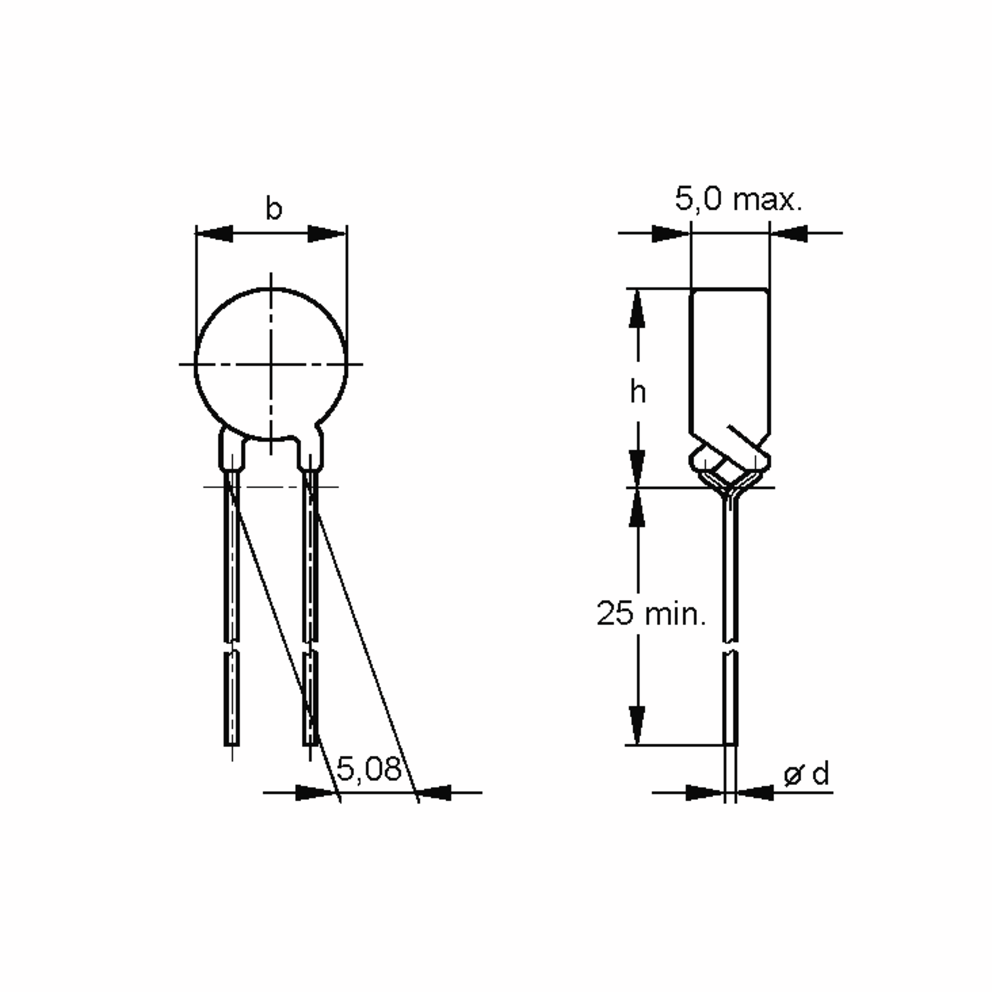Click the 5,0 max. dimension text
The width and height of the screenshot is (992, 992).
(x=738, y=199)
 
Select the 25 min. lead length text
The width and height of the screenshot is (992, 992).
(x=651, y=613)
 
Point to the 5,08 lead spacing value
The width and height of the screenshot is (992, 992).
(x=369, y=770)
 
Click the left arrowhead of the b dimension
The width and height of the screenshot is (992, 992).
(x=215, y=234)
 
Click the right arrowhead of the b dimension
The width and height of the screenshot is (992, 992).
(x=327, y=234)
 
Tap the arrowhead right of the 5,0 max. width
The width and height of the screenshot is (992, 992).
(x=790, y=233)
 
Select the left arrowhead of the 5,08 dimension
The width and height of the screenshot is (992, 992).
(x=314, y=793)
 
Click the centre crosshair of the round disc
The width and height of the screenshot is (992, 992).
(x=271, y=365)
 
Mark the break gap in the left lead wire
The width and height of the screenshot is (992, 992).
(x=232, y=646)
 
